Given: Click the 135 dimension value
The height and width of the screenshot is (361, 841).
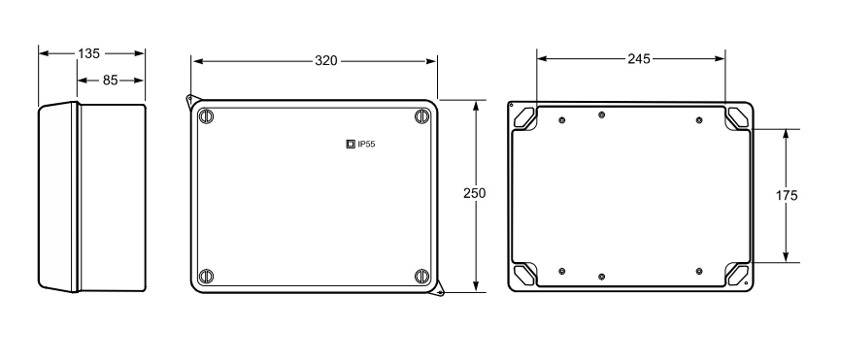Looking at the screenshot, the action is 88,53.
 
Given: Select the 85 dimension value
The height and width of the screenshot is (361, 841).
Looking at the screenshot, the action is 110,81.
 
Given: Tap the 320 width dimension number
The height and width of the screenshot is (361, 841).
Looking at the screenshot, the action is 326,61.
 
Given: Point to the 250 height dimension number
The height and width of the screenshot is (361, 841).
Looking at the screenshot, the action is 475,193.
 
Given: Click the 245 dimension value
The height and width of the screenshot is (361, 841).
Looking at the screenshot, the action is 639,59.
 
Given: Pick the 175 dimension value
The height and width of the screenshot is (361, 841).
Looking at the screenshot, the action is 787,196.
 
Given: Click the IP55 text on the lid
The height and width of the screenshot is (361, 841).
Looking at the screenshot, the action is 366,144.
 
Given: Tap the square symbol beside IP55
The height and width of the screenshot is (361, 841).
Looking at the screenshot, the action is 351,144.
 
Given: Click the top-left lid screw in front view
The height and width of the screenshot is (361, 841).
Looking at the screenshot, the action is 206,116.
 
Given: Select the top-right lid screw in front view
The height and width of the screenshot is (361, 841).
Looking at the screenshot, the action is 422,116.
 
